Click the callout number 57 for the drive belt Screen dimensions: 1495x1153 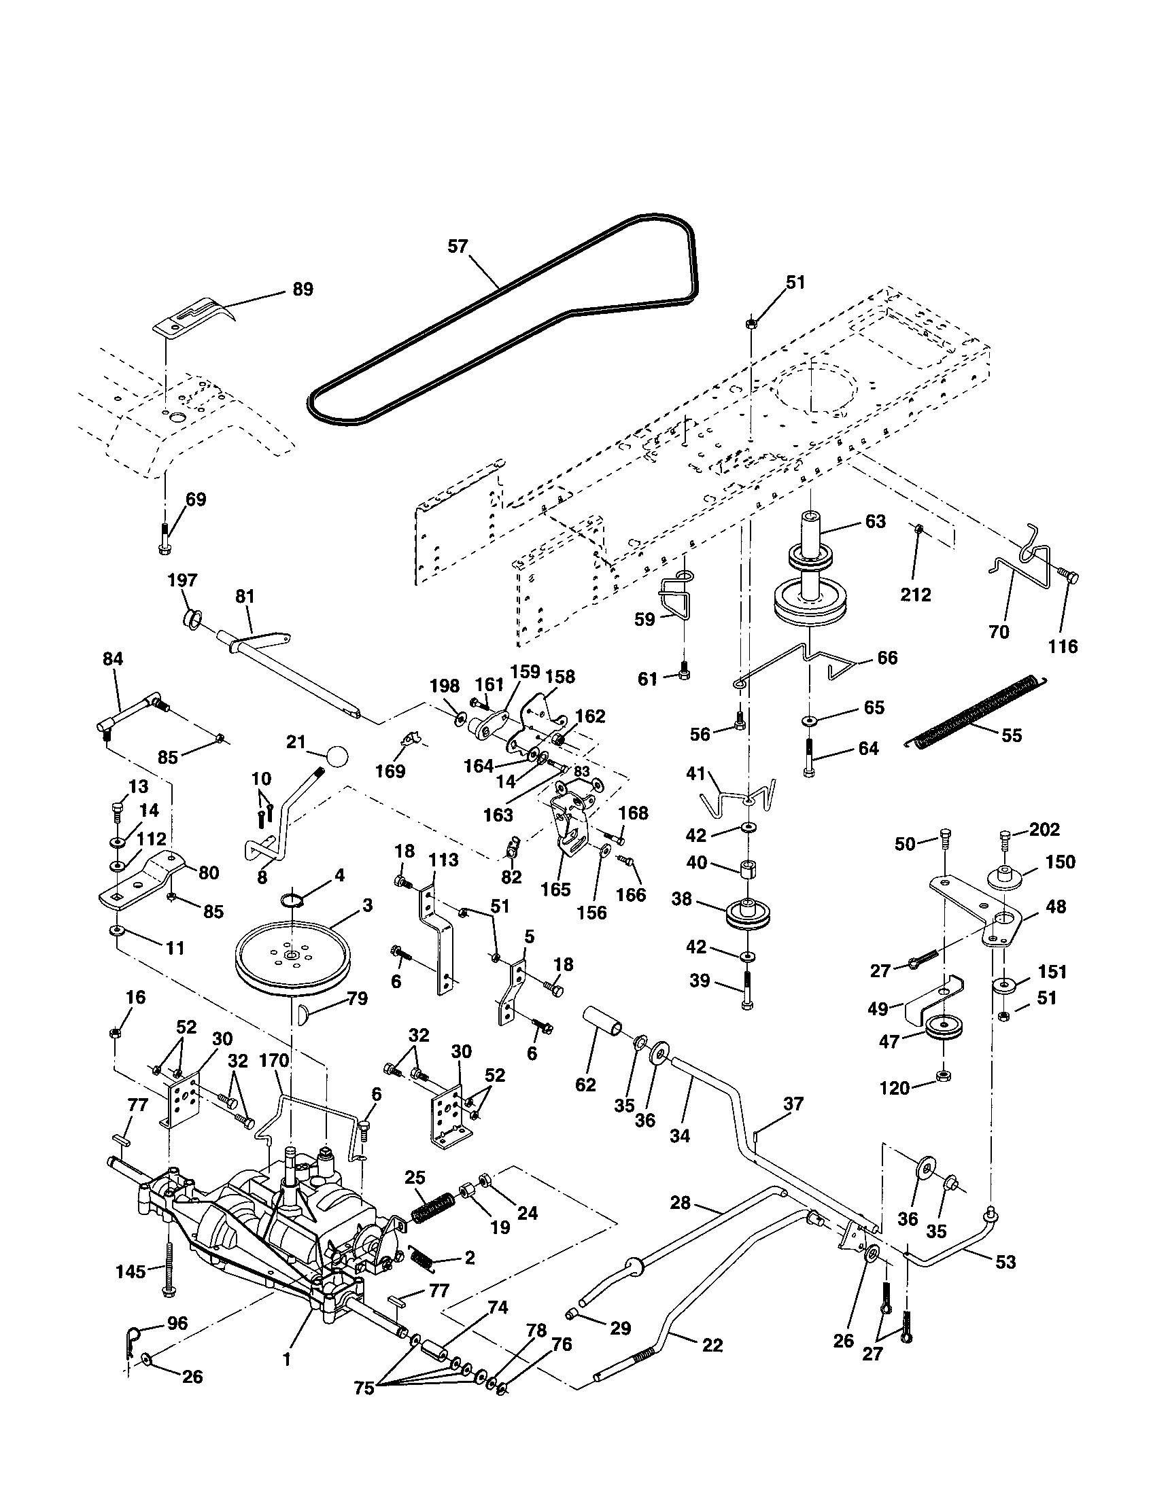(458, 247)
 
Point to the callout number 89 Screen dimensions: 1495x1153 (303, 289)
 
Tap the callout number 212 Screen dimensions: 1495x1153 (916, 594)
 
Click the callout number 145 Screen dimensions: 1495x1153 (130, 1271)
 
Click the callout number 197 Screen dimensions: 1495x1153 (182, 580)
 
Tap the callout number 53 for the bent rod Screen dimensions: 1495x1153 (1005, 1262)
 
